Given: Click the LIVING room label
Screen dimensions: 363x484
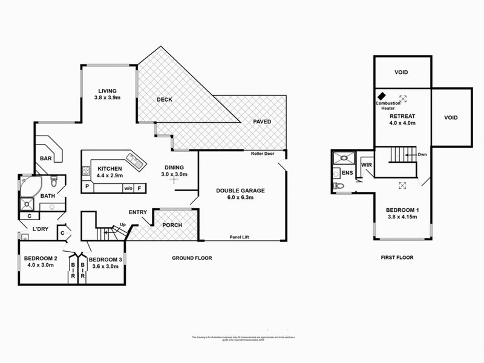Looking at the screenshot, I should coord(106,90).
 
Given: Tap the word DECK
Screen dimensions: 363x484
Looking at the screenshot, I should coord(166,100).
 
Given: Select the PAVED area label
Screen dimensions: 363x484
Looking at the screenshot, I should coord(261,122).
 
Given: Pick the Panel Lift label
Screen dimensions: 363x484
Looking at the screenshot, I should coord(241,237).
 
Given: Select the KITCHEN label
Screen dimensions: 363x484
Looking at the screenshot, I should coord(109,168).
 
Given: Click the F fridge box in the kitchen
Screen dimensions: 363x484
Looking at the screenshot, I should coord(140,188).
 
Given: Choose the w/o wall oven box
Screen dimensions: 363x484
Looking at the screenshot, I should coord(128,188).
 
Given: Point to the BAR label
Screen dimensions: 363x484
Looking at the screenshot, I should coord(46,159).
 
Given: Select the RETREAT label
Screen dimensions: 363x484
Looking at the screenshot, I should coord(402,116).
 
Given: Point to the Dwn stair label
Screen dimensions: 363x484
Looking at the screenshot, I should coord(422,155).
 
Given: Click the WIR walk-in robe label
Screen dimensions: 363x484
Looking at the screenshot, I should coord(365,164).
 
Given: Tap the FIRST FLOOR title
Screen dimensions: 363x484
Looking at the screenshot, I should coord(396,258).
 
